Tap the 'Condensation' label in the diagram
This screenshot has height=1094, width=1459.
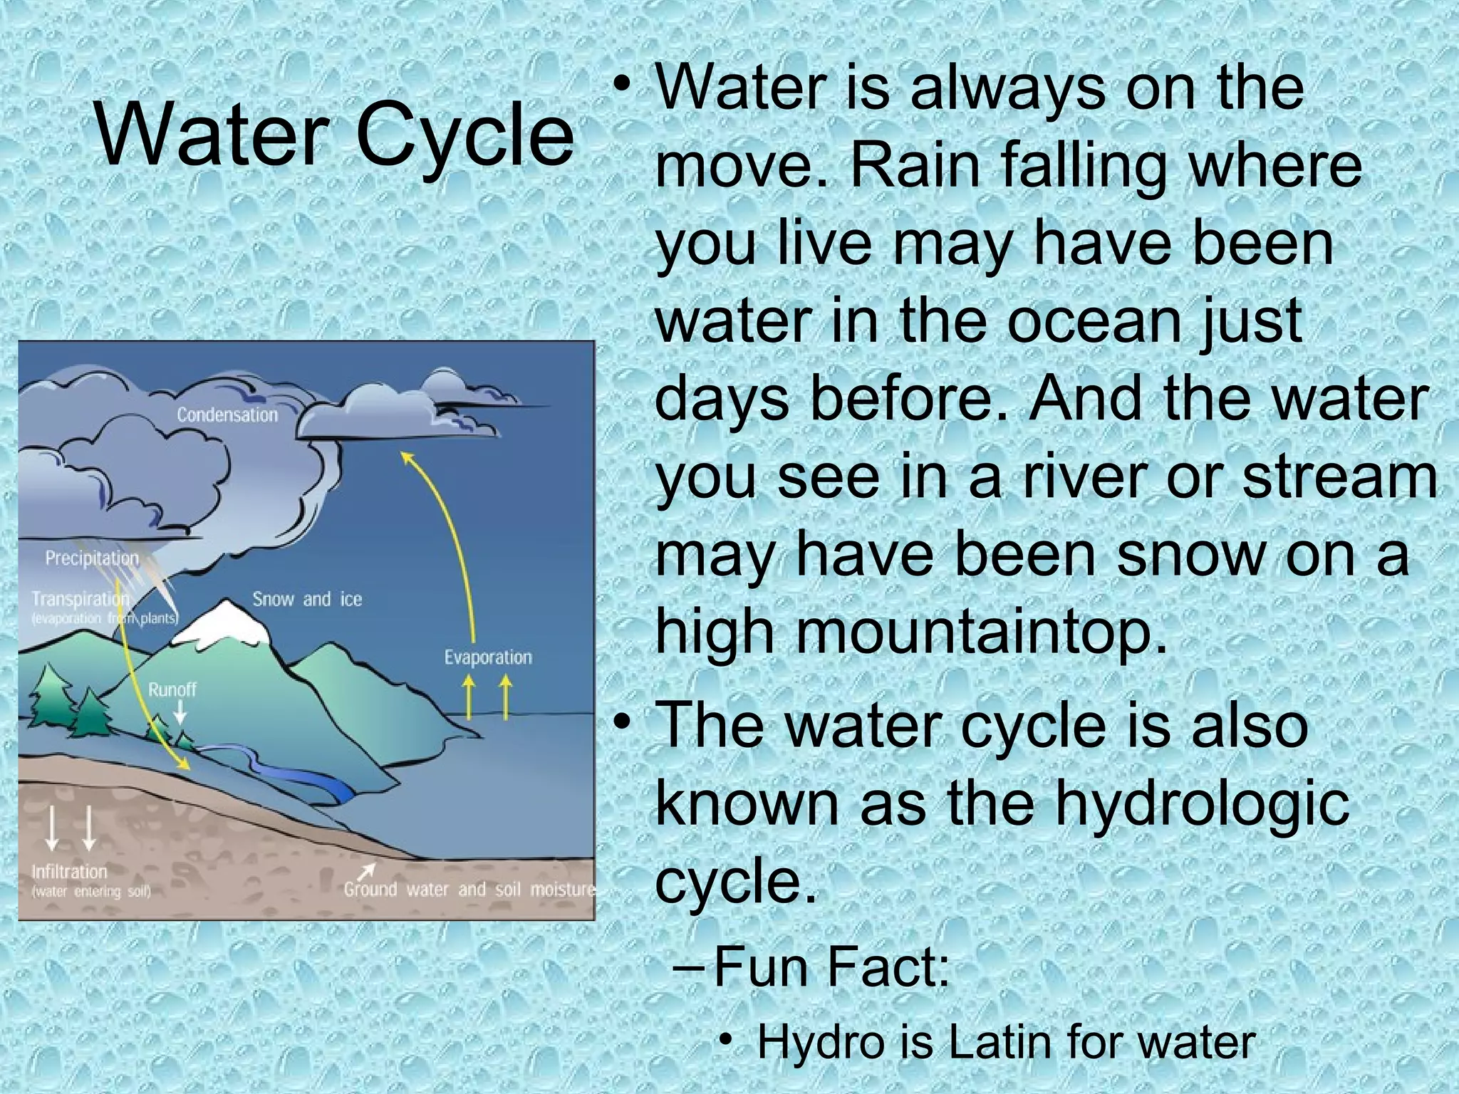227,415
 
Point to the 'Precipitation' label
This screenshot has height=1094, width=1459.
92,558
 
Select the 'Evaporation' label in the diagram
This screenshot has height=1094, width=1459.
488,657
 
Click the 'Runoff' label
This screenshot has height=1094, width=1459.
172,689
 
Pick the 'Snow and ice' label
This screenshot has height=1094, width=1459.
307,599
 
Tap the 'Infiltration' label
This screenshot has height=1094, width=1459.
69,871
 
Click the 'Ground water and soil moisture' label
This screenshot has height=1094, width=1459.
469,889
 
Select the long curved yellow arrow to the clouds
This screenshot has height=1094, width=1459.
456,541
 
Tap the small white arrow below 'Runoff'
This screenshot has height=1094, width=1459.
180,713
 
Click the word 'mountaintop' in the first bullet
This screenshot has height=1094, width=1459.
901,630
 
